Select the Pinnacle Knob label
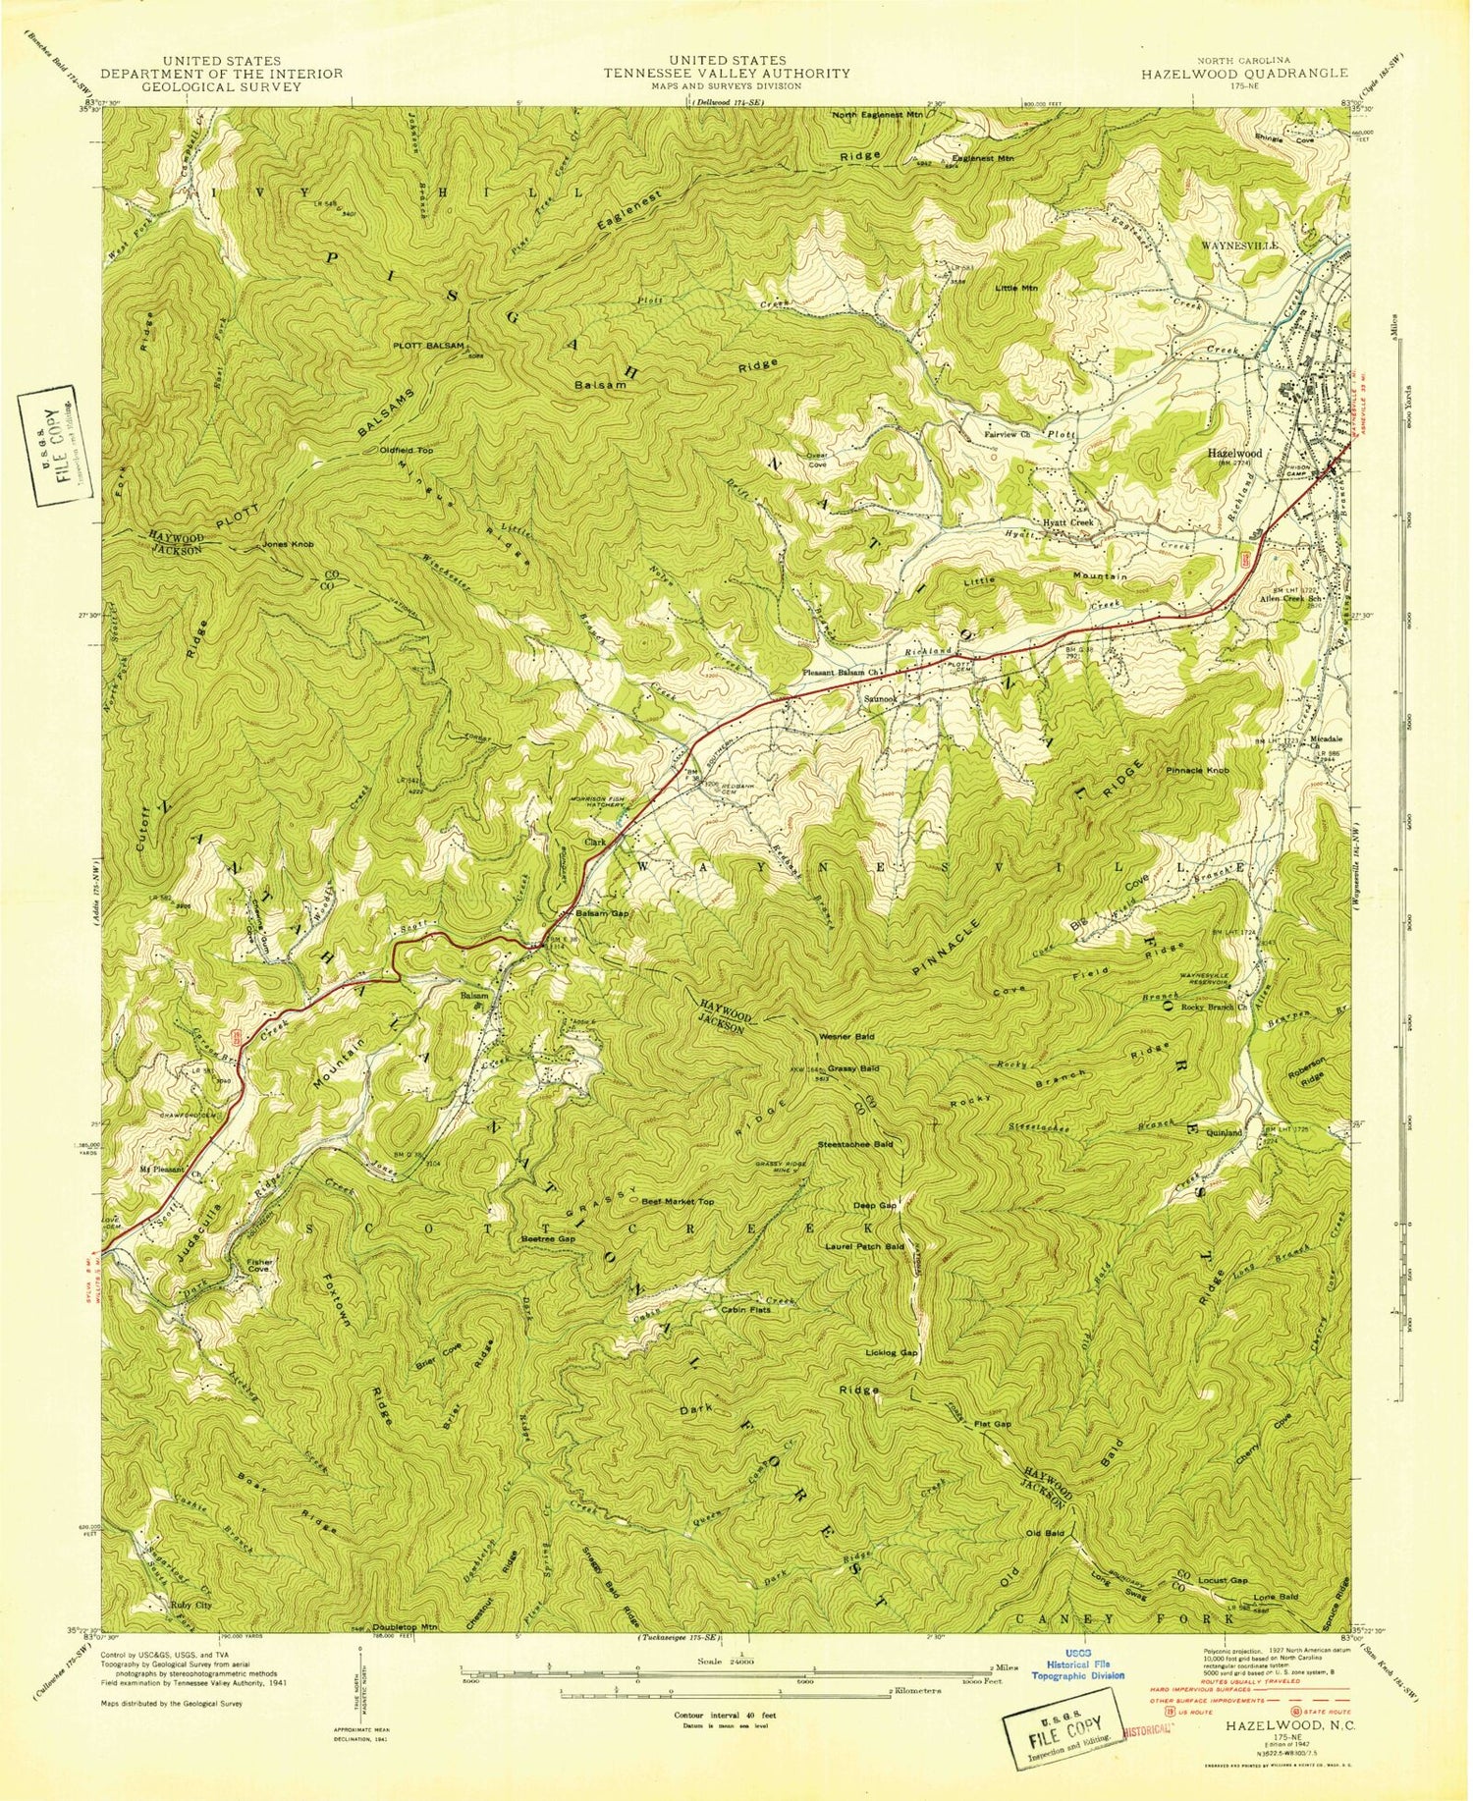point(1197,771)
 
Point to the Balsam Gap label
point(601,913)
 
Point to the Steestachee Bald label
point(855,1144)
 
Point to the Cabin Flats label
point(746,1309)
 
